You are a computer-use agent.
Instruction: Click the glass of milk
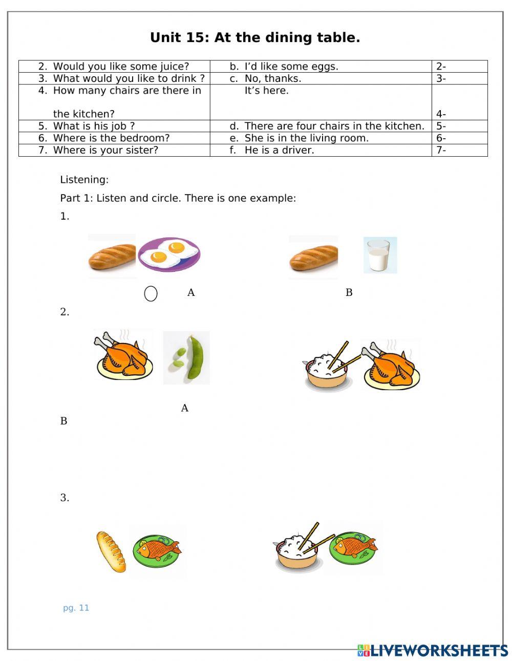[380, 255]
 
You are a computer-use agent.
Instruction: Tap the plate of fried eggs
[169, 254]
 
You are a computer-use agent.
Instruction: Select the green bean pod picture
[186, 357]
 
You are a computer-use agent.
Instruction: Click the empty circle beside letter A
[151, 294]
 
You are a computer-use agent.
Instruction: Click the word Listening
[84, 180]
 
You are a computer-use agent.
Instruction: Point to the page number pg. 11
[76, 608]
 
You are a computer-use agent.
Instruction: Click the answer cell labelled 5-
[459, 126]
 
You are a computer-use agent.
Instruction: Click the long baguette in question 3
[111, 552]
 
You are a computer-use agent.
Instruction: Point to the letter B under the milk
[349, 293]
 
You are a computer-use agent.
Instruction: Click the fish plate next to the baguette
[157, 552]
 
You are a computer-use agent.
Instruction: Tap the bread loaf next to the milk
[313, 258]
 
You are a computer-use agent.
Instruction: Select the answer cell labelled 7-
[459, 150]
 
